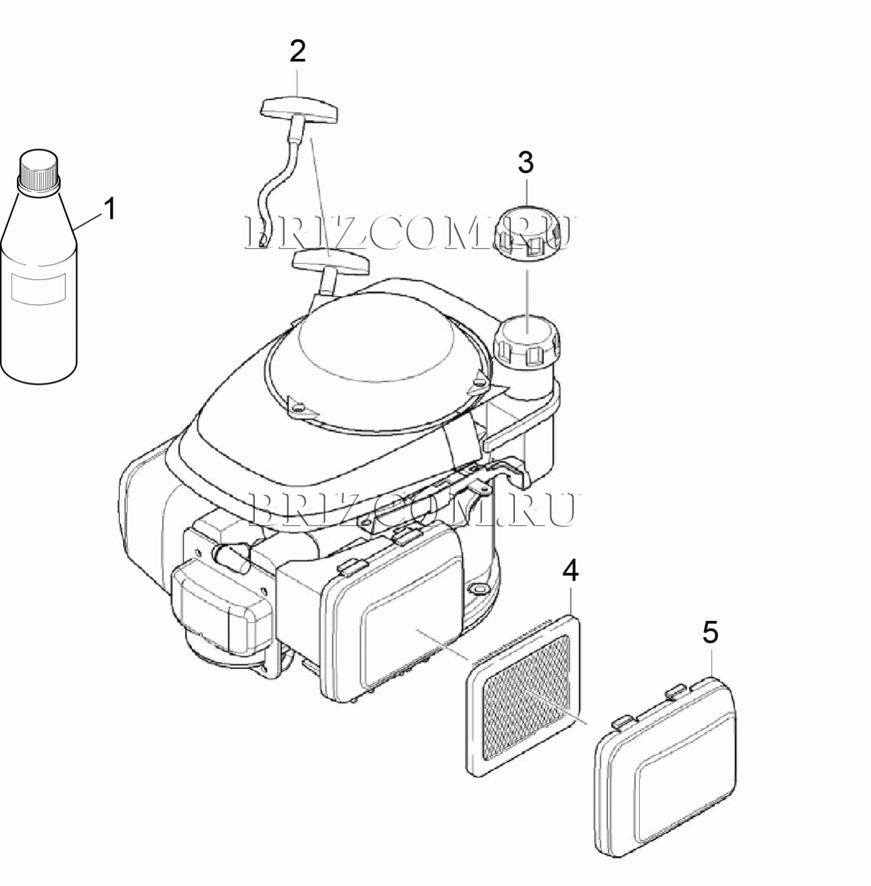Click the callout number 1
pos(109,210)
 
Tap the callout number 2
pos(297,51)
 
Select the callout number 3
pos(526,163)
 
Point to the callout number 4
pos(570,570)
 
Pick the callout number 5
pos(710,632)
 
